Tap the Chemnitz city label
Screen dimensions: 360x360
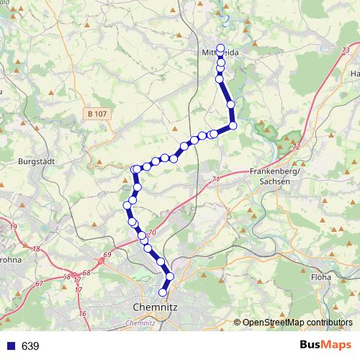(156, 307)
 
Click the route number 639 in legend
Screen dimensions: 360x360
(30, 346)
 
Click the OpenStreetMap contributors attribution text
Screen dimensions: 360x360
(298, 323)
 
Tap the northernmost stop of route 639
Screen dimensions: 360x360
(221, 48)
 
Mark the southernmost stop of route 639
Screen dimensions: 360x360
(163, 292)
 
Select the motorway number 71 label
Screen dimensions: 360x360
(216, 179)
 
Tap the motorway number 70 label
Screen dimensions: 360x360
(151, 232)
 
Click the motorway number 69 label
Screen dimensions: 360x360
(108, 255)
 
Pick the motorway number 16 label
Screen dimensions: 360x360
(82, 313)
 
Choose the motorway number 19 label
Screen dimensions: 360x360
(14, 227)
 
